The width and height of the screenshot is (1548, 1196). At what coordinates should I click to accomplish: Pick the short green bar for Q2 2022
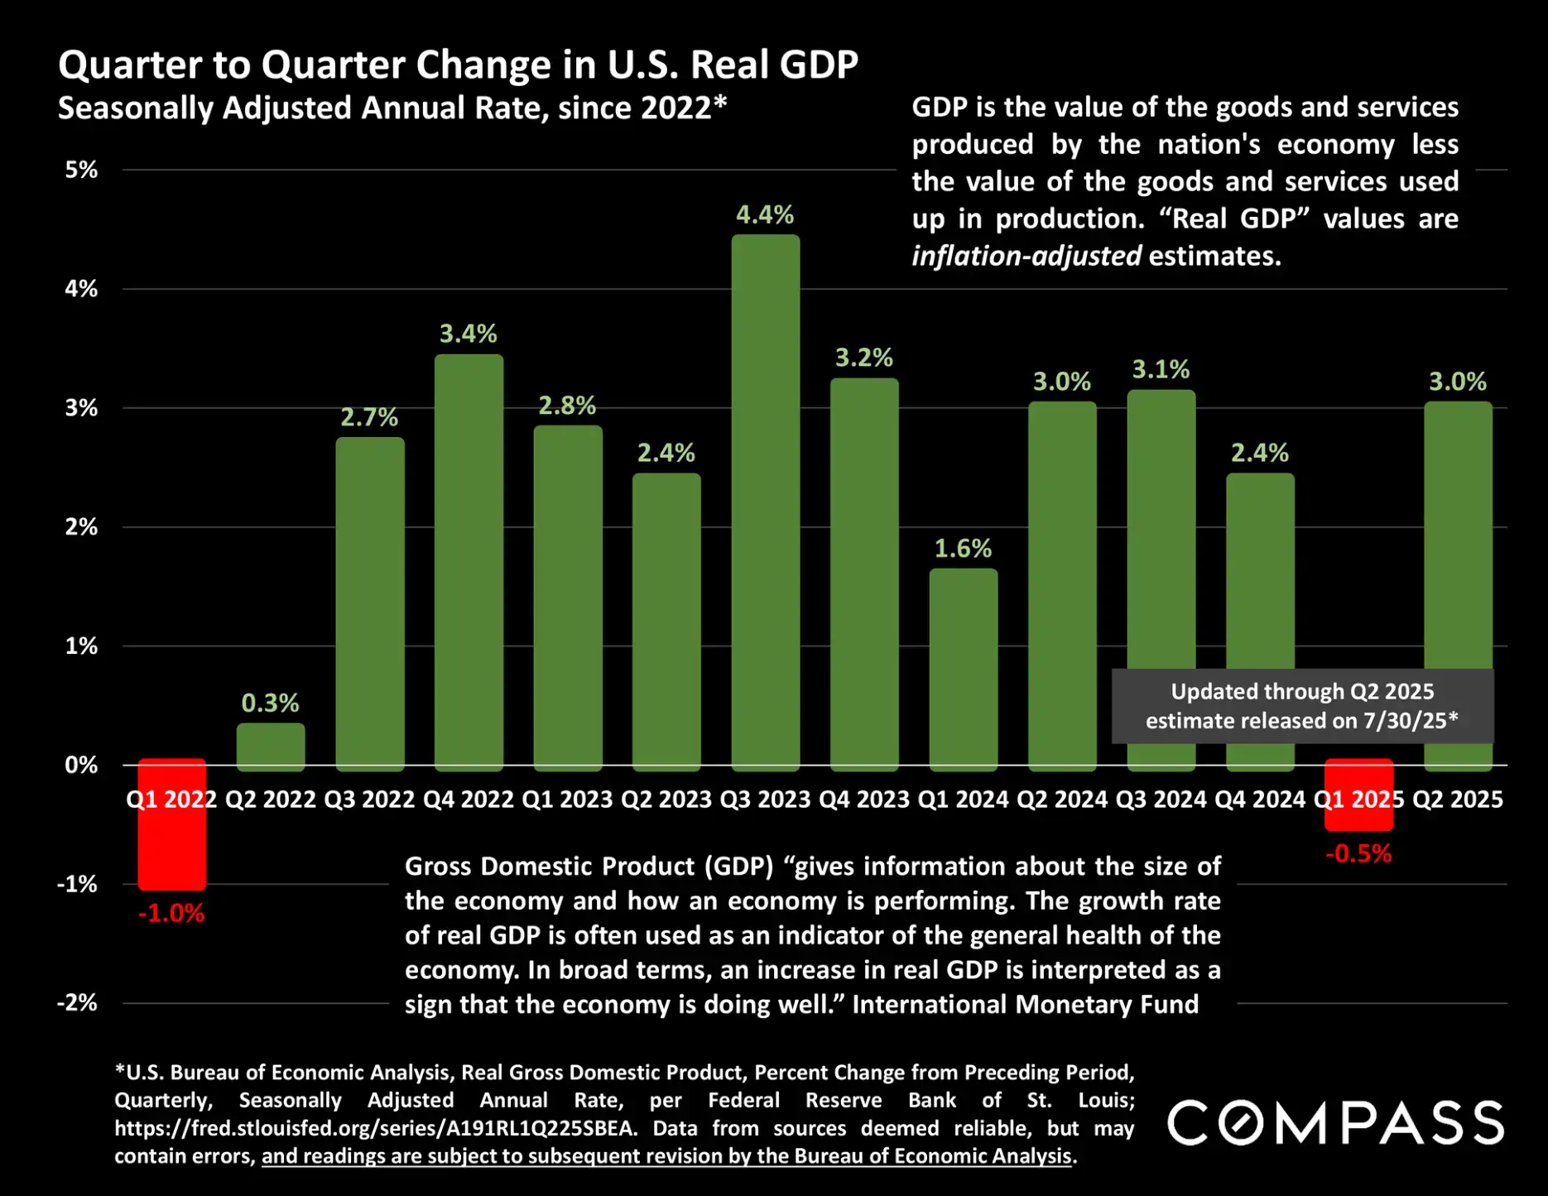(271, 746)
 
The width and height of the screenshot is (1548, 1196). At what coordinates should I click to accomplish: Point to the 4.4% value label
(765, 215)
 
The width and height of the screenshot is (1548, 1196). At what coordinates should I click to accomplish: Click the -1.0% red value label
(171, 914)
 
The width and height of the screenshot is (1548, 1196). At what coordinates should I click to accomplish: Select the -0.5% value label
(1358, 854)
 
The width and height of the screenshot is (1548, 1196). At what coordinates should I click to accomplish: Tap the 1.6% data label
(963, 549)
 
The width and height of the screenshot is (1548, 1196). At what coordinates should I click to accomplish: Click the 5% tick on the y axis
(81, 171)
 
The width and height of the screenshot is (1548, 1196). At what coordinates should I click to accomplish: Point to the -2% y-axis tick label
(77, 1003)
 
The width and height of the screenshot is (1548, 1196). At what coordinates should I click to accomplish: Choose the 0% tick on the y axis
(81, 766)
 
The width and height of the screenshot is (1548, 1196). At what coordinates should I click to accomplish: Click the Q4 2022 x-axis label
(469, 800)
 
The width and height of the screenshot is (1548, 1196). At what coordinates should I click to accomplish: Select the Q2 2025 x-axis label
(1457, 800)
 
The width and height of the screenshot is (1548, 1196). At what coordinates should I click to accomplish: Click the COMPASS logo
(1335, 1124)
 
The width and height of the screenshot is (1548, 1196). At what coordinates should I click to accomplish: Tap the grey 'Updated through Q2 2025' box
(1302, 706)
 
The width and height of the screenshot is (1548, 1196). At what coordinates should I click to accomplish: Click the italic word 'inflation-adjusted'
(1026, 257)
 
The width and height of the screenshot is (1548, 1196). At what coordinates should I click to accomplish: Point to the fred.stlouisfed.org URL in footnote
(375, 1129)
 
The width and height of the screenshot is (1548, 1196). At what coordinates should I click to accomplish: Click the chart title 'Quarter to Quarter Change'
(458, 65)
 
